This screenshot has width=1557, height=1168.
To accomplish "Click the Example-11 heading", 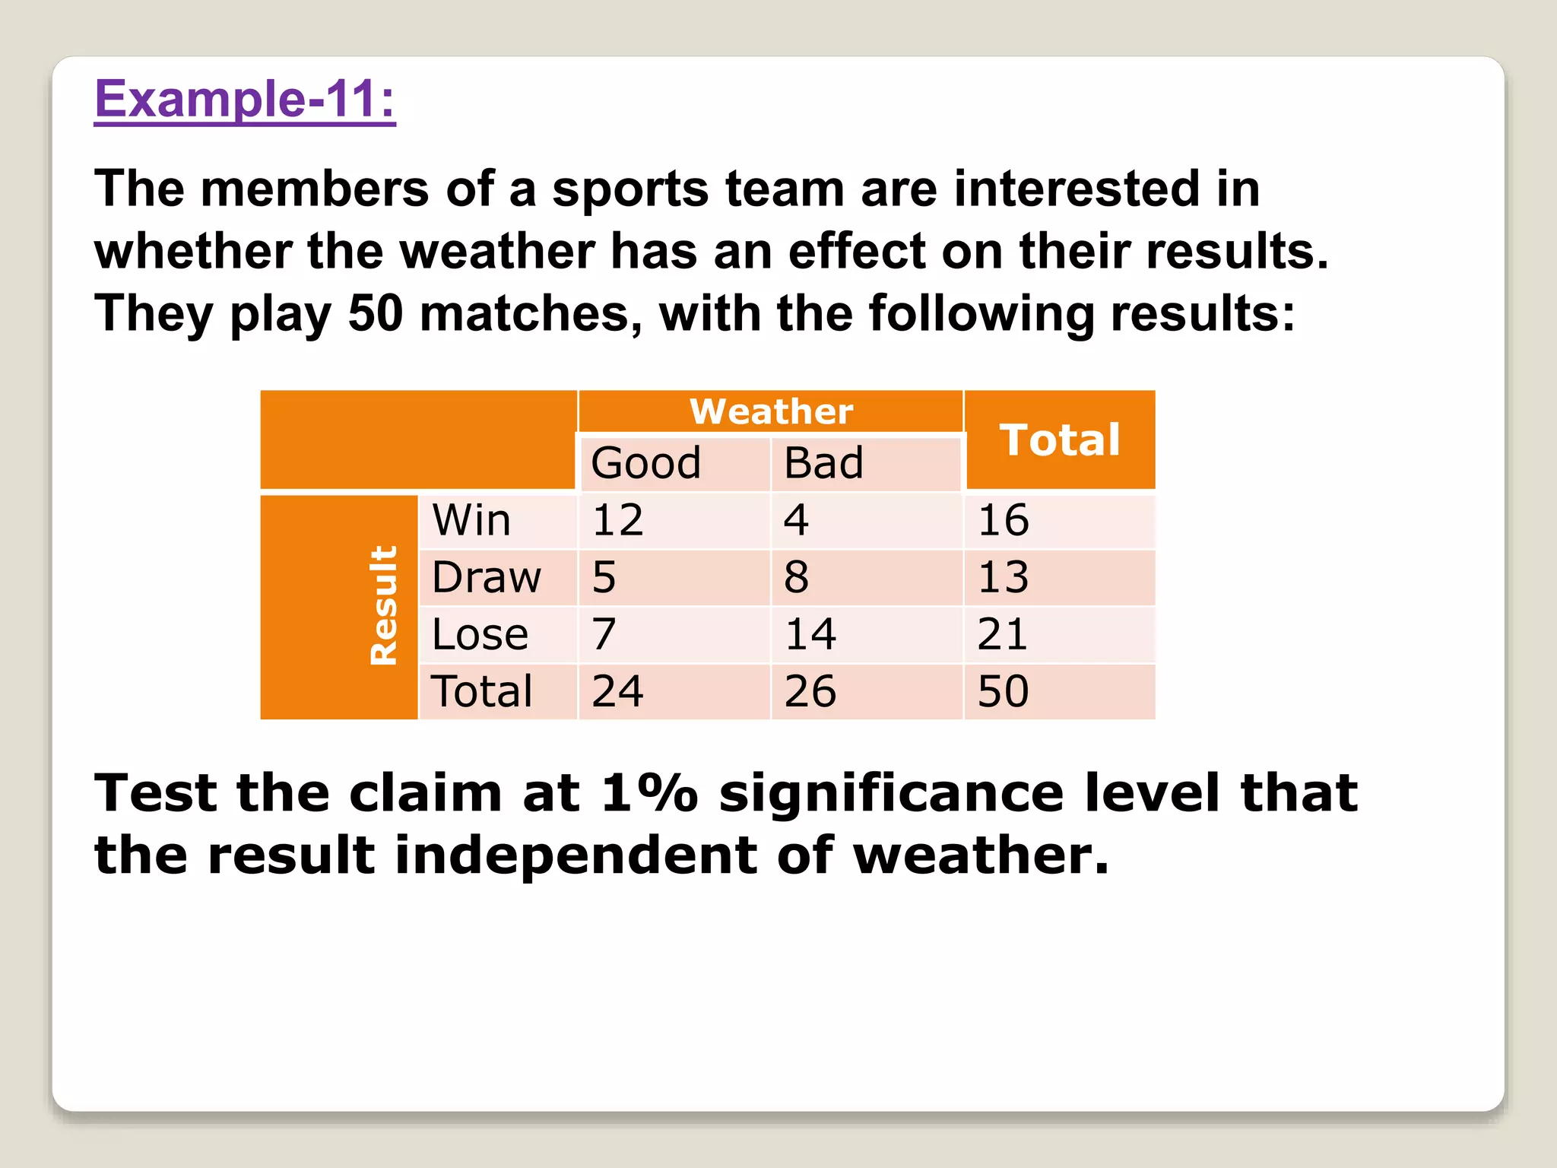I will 245,100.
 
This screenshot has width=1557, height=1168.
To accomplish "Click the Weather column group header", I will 771,411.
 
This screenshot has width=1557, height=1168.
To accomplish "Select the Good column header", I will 645,462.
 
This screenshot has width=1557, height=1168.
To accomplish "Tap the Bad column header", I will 823,462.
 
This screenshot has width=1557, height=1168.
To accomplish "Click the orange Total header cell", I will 1060,440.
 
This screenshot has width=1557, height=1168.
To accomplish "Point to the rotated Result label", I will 383,605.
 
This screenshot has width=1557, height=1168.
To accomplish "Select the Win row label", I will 471,520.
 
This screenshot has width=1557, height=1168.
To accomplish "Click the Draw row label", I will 487,577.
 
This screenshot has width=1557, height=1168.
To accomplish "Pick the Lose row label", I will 480,634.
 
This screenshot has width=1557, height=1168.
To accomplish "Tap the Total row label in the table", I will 482,691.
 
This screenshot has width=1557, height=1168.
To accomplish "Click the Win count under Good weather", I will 617,520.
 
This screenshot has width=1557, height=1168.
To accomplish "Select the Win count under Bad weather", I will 796,520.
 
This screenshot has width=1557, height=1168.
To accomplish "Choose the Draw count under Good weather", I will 604,577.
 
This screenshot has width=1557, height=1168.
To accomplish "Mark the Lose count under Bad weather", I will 810,634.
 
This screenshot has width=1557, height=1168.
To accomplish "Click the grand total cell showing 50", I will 1003,691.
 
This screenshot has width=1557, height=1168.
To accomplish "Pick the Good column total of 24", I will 617,691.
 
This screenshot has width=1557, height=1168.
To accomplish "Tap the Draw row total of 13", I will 1003,577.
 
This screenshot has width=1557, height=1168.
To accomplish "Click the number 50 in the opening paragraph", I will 376,313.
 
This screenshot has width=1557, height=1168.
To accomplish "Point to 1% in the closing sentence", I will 648,793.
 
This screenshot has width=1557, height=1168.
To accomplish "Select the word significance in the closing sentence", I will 892,793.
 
